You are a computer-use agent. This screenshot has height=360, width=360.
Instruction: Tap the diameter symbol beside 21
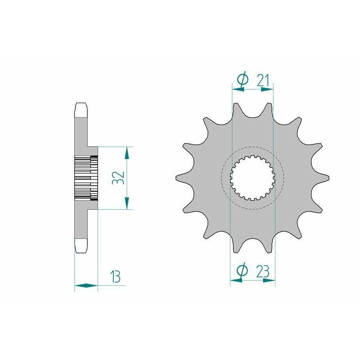click(x=242, y=80)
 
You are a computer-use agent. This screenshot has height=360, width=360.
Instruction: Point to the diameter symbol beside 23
click(x=242, y=270)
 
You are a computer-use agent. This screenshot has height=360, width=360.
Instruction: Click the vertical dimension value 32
click(x=118, y=178)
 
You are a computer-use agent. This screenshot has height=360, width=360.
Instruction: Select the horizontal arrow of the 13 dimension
click(x=86, y=285)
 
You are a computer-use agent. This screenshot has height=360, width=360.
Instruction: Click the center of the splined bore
click(x=252, y=178)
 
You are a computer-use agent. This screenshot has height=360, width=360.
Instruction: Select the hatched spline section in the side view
click(x=85, y=178)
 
